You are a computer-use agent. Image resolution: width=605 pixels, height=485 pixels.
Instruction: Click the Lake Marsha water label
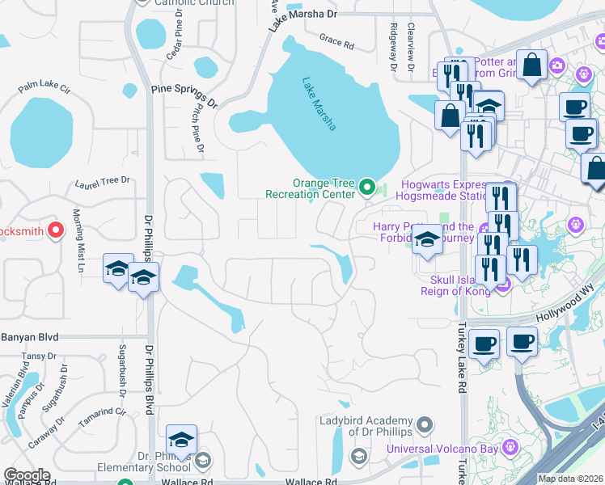(319, 103)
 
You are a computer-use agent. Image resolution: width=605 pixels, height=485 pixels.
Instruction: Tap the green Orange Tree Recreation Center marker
(368, 188)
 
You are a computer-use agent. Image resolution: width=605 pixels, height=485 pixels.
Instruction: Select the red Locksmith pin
(56, 230)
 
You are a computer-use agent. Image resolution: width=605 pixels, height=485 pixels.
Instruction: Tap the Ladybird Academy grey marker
(426, 423)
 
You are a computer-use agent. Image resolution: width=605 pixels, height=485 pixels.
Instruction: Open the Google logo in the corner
(26, 475)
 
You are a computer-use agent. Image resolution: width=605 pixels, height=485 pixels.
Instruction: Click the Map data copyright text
(570, 479)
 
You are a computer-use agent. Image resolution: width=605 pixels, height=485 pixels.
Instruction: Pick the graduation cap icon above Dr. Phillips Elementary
(182, 441)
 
